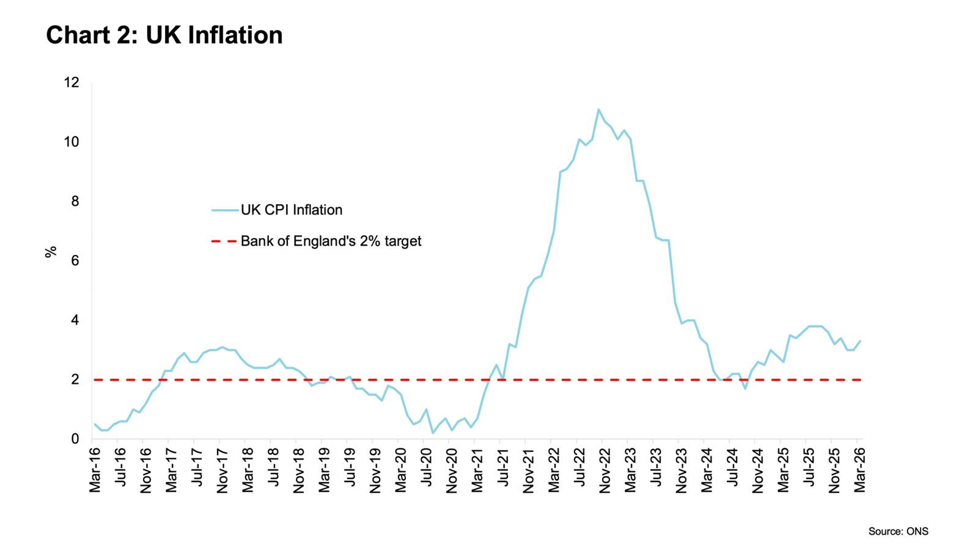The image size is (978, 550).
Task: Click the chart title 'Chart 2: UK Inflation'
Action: click(164, 35)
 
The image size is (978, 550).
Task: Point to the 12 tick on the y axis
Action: click(72, 82)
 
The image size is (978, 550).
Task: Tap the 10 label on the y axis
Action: click(72, 142)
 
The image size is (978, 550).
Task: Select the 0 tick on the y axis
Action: click(75, 439)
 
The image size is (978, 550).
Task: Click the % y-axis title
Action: click(51, 252)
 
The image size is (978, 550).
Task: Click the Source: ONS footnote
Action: click(898, 532)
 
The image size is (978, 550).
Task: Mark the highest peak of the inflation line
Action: click(598, 110)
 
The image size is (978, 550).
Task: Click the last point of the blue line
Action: click(860, 341)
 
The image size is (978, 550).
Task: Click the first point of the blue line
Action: click(95, 424)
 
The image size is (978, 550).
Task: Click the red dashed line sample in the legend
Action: click(223, 241)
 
